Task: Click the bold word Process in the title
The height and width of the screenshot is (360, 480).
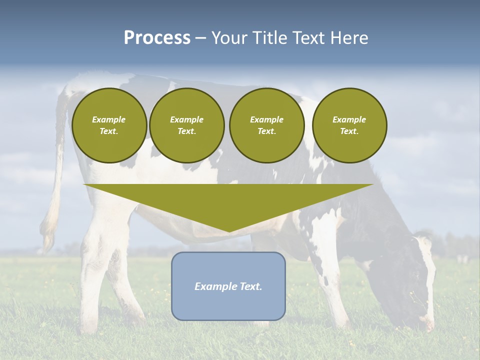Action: click(157, 38)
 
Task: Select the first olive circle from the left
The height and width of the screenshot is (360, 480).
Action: click(109, 125)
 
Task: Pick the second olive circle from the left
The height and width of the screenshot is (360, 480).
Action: click(186, 125)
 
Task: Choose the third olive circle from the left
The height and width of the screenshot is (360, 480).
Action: click(266, 125)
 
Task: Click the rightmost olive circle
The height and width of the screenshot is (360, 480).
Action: click(349, 125)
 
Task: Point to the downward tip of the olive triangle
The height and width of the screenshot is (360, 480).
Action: click(229, 231)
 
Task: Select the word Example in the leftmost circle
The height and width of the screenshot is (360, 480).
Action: click(109, 119)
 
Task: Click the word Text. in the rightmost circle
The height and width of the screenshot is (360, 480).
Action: click(349, 131)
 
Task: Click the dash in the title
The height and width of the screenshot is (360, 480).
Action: click(200, 38)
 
